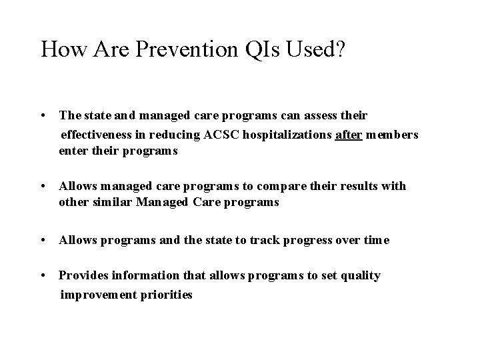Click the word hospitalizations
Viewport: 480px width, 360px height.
tap(288, 135)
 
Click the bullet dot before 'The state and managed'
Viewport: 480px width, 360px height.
tap(44, 116)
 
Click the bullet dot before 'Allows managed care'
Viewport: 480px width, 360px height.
tap(44, 186)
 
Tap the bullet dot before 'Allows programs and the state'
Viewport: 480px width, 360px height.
tap(44, 240)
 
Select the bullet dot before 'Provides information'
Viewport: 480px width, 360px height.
tap(44, 275)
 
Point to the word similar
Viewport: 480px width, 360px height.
tap(113, 202)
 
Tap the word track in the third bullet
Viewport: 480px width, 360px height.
tap(266, 240)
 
